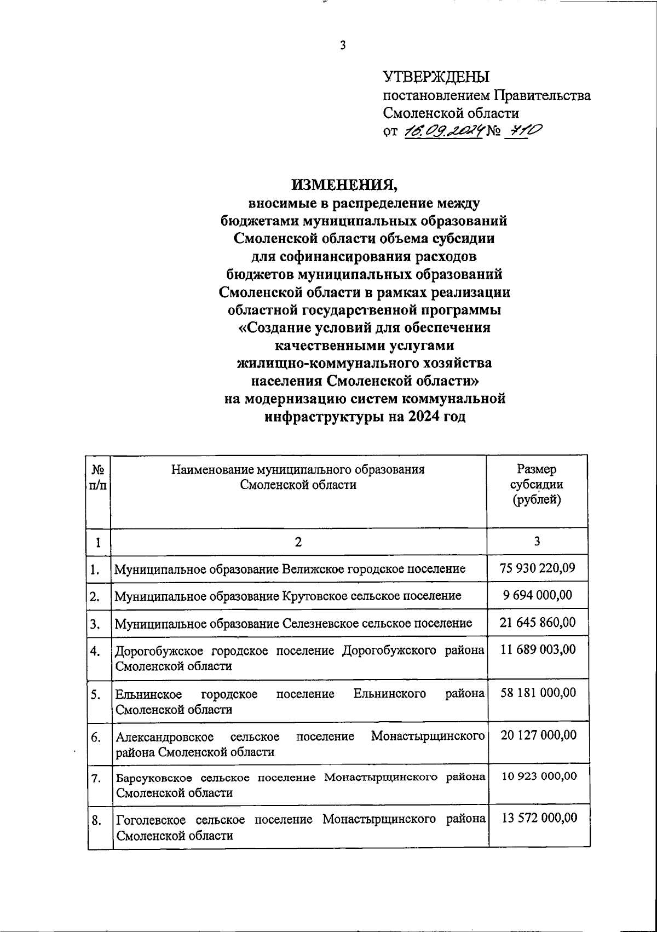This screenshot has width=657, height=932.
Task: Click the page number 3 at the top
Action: tap(343, 45)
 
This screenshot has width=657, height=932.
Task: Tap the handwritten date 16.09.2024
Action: tap(443, 131)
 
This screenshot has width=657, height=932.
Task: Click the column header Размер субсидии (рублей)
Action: tap(537, 485)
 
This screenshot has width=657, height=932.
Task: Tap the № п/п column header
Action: tap(99, 477)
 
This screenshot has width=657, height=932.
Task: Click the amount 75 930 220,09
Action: tap(538, 568)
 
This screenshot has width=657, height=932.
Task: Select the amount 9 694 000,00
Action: tap(538, 595)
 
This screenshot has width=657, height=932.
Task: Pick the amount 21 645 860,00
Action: tap(538, 622)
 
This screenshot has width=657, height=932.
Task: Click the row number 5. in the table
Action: tap(96, 695)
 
